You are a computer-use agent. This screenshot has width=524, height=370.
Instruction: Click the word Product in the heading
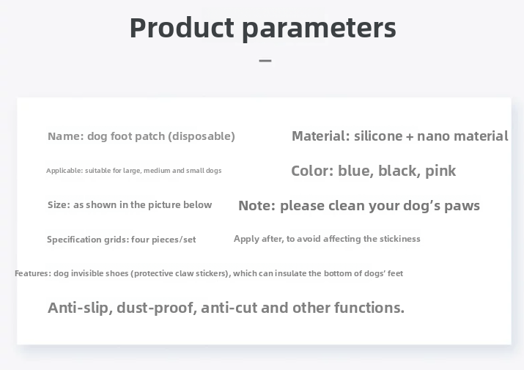[x=182, y=28]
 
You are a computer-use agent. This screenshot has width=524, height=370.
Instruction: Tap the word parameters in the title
[x=319, y=29]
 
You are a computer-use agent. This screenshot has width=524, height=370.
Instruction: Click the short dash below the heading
[x=265, y=61]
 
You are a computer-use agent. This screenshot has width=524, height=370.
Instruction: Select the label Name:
[x=66, y=136]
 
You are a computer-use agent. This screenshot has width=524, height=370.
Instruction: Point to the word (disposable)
[x=202, y=137]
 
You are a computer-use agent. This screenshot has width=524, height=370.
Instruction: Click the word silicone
[x=378, y=136]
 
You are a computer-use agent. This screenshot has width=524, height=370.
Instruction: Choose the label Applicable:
[x=64, y=171]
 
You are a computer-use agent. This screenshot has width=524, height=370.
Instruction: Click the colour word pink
[x=440, y=171]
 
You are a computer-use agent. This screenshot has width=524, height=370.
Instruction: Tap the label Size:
[x=59, y=205]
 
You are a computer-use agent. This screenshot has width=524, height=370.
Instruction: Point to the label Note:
[x=257, y=206]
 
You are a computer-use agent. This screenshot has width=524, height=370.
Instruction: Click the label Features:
[x=33, y=273]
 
